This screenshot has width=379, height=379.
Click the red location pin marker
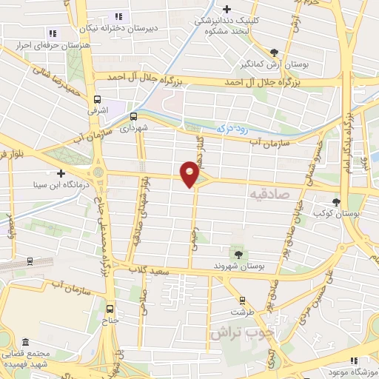[x=190, y=174]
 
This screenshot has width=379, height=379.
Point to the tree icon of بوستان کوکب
[x=337, y=201]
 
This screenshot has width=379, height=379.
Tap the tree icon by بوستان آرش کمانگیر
[x=275, y=52]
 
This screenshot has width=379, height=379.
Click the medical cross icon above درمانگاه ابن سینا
[x=61, y=173]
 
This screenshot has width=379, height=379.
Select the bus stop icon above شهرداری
[x=134, y=116]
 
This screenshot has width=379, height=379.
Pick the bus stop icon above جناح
[x=111, y=309]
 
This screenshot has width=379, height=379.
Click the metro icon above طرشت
[x=242, y=301]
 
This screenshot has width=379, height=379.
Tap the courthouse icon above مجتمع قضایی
[x=26, y=343]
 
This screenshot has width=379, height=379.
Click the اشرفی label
[x=98, y=110]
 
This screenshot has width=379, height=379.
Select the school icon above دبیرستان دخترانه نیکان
[x=118, y=16]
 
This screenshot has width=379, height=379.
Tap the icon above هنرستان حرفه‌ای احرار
[x=52, y=33]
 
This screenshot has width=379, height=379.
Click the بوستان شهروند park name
[x=240, y=266]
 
